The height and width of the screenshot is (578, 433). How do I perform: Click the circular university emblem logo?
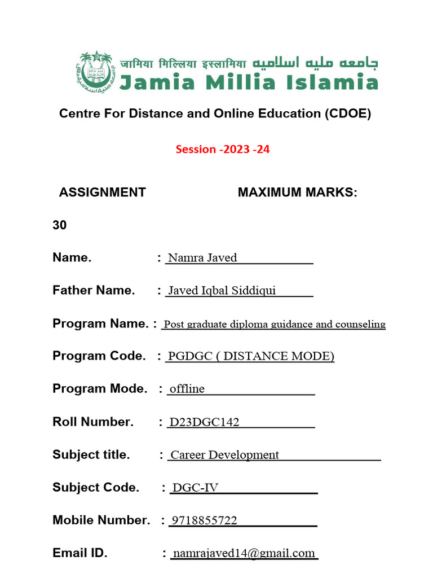click(x=95, y=71)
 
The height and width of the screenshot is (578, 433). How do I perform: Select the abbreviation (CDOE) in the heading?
click(x=347, y=113)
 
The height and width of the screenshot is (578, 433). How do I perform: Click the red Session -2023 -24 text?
click(x=219, y=150)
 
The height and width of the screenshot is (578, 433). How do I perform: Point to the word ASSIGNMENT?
click(x=102, y=192)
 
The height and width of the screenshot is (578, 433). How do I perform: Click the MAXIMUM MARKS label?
click(x=297, y=192)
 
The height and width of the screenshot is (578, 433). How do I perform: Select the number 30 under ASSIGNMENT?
click(x=59, y=225)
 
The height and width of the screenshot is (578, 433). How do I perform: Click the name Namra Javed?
click(x=202, y=258)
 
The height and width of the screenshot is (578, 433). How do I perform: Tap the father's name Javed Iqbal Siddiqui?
click(x=214, y=291)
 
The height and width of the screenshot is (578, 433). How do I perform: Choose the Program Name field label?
click(x=100, y=323)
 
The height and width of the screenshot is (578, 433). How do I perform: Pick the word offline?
click(x=187, y=389)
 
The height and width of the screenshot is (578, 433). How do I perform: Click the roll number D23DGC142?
click(x=204, y=422)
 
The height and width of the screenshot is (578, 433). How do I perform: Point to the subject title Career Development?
click(x=224, y=455)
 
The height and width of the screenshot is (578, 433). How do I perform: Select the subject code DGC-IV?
click(x=195, y=488)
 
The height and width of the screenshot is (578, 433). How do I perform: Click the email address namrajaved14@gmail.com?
click(x=244, y=553)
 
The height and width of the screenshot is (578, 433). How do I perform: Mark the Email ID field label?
click(x=79, y=553)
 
